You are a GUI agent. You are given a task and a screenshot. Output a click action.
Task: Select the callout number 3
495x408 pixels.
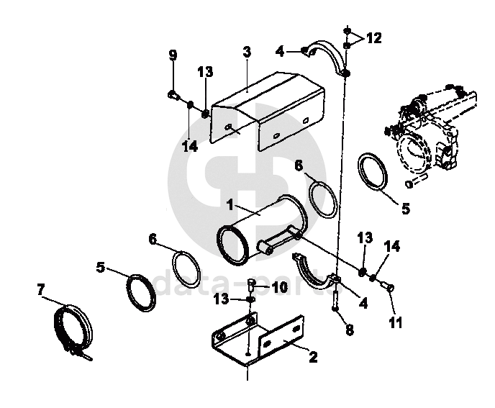click(246, 53)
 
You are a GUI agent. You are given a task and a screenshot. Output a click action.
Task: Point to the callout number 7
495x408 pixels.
click(40, 289)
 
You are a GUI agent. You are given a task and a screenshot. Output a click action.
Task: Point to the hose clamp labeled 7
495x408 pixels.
click(76, 327)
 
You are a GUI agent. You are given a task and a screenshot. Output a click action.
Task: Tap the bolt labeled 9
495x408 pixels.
click(173, 94)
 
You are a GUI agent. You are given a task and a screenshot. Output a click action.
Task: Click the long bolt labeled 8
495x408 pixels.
click(335, 296)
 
